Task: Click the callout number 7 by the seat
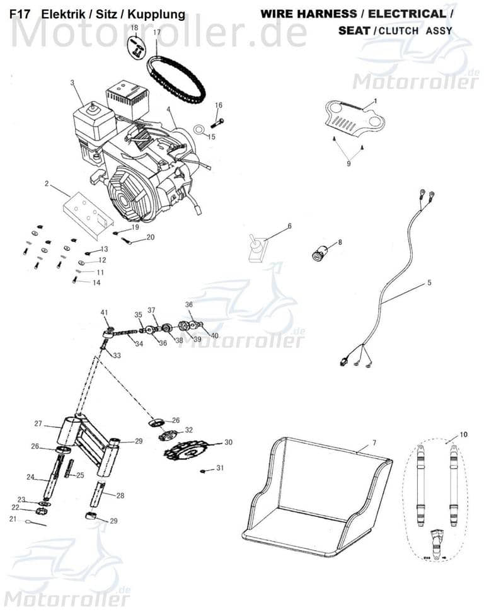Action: point(374,443)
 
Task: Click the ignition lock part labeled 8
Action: point(316,252)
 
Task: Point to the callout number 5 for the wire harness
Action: point(429,283)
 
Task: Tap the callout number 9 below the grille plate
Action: point(349,163)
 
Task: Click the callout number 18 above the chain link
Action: point(134,28)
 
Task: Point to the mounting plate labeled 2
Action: point(87,213)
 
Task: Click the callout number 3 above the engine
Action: point(72,83)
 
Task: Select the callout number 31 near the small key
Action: point(220,468)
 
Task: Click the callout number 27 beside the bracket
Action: point(38,424)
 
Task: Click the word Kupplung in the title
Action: point(156,14)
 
